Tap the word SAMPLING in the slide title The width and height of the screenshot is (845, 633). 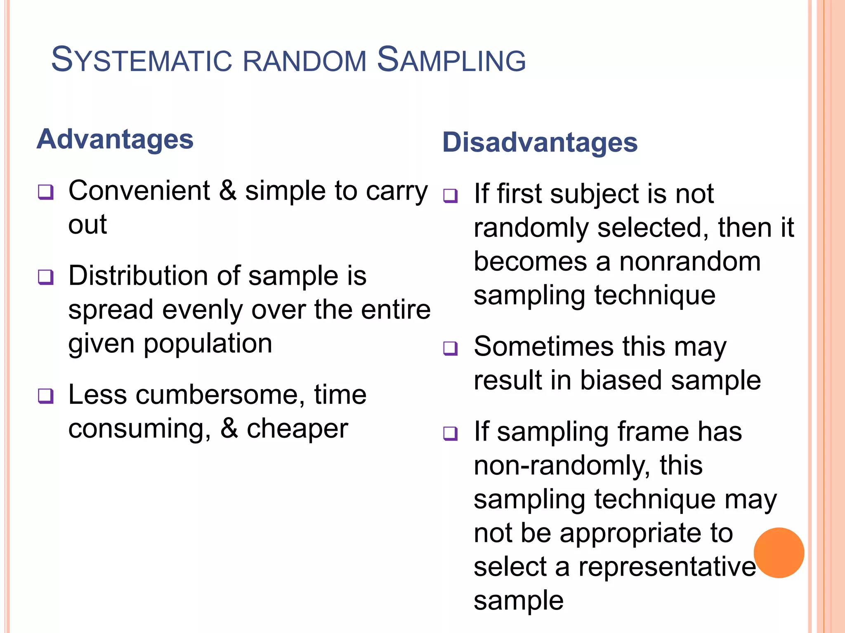[x=451, y=60]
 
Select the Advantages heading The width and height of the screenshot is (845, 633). [x=115, y=139]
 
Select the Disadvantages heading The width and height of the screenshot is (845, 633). [x=540, y=142]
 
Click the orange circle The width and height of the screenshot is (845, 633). [x=779, y=553]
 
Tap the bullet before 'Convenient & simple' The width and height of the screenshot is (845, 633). [x=46, y=192]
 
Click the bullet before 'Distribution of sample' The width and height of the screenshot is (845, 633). [x=46, y=277]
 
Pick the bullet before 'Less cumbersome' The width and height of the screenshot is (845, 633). [x=46, y=396]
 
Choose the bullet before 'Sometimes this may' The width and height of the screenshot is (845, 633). [x=451, y=348]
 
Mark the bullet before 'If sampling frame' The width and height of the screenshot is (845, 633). [x=451, y=433]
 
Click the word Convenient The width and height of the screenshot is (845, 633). [x=139, y=191]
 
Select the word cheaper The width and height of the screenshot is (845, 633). [x=297, y=429]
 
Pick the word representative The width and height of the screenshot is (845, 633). [x=667, y=567]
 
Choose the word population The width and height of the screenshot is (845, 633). [x=208, y=344]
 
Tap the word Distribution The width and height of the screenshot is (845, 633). [x=138, y=276]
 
